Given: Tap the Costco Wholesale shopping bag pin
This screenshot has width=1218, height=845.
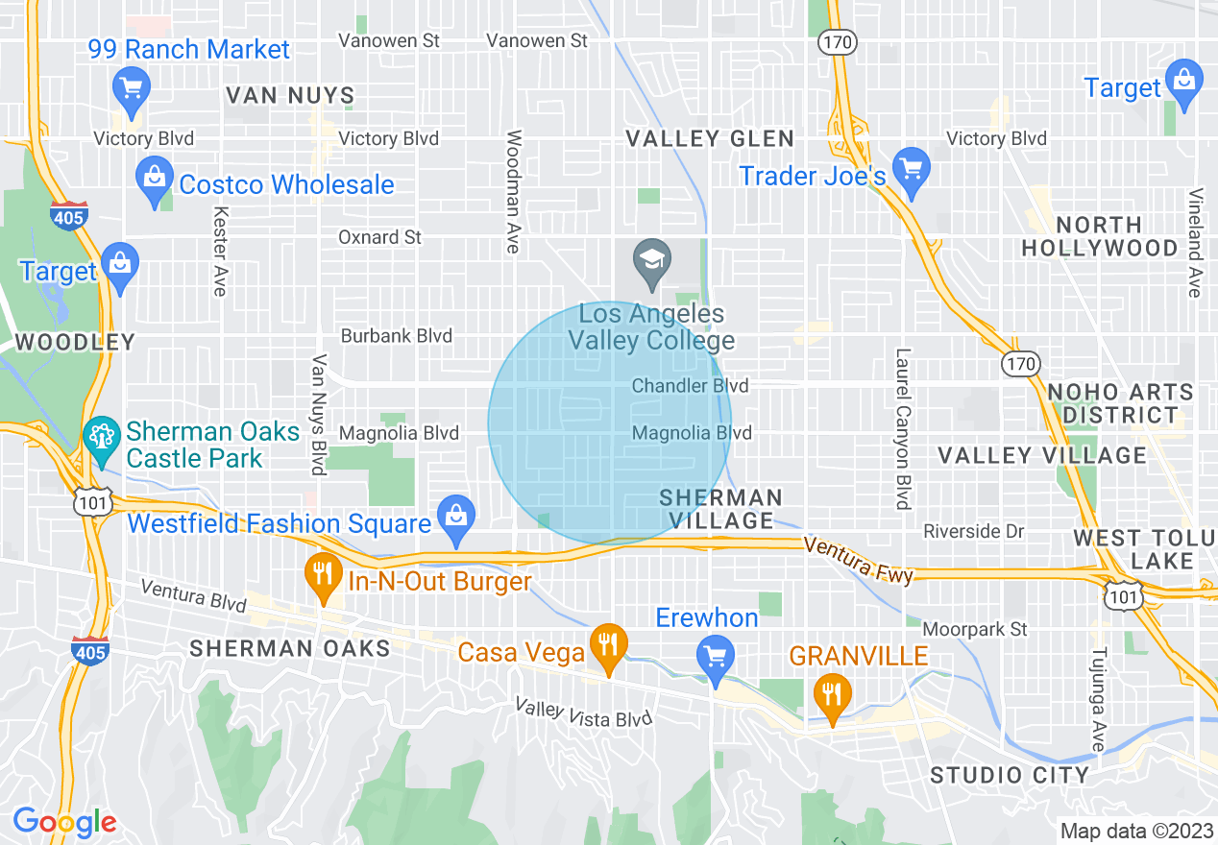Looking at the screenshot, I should click(x=155, y=182).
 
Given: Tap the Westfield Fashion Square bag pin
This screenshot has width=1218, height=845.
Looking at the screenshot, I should click(x=456, y=518).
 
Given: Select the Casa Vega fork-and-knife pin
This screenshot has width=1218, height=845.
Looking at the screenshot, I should click(x=607, y=647).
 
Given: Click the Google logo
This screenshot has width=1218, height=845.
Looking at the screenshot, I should click(x=64, y=822).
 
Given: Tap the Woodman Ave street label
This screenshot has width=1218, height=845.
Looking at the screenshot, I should click(x=513, y=192).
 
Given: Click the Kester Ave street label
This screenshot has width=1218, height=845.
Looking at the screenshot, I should click(x=221, y=252).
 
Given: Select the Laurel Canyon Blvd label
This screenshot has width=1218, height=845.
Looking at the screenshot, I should click(x=902, y=428).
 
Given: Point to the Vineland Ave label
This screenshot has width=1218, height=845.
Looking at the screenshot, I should click(x=1195, y=242).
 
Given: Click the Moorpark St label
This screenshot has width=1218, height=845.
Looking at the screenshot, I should click(x=975, y=630).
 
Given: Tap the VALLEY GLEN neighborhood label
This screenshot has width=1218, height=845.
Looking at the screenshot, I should click(x=710, y=139).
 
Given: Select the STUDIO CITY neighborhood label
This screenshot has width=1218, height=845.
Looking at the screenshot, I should click(x=1010, y=775).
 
